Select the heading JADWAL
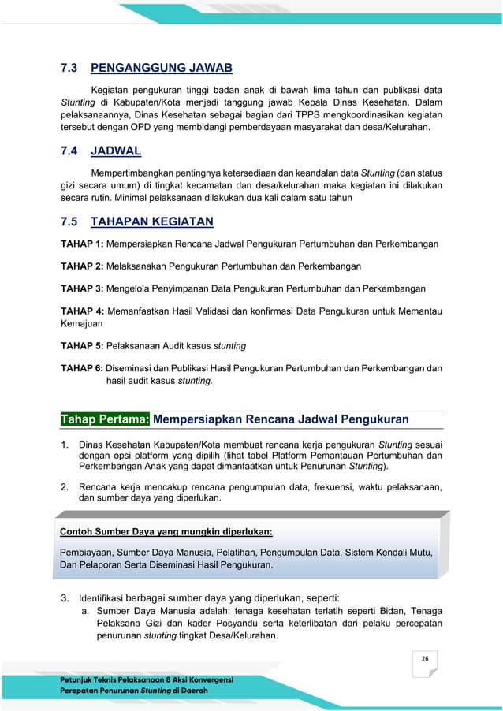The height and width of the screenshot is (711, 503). tap(116, 151)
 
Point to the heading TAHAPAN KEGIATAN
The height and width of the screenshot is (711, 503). tap(152, 221)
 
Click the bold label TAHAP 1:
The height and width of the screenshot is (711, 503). tap(82, 244)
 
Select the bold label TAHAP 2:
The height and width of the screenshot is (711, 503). tap(82, 266)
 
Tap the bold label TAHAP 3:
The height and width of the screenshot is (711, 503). tap(82, 289)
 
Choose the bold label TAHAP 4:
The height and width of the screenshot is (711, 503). tap(82, 311)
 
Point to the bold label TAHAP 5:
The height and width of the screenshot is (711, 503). tap(82, 345)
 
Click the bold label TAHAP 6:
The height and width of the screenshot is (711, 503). tap(82, 368)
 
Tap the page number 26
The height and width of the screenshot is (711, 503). tap(424, 658)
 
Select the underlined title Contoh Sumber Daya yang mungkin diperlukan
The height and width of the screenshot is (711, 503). tap(166, 531)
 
